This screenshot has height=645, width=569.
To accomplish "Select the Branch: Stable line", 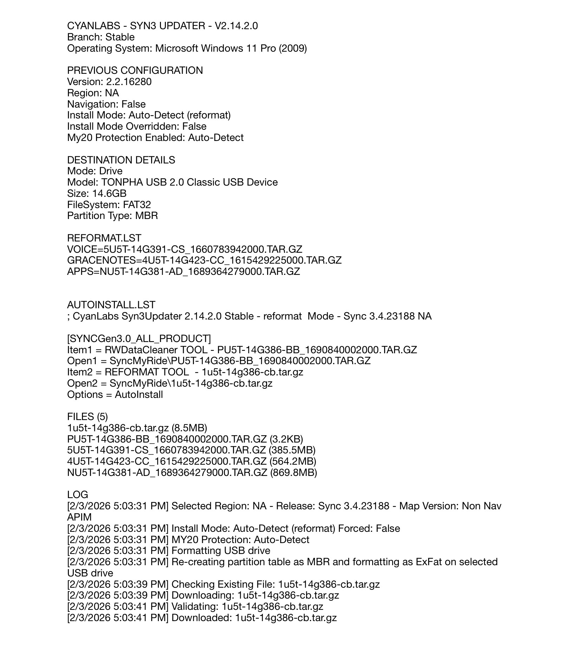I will (x=101, y=37).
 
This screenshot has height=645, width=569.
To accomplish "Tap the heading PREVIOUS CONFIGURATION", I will (x=135, y=71).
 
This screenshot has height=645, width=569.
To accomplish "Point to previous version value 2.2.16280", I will (x=129, y=82).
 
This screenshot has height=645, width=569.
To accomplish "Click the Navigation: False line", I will (x=106, y=104).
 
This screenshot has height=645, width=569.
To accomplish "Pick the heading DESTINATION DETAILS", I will (x=121, y=160).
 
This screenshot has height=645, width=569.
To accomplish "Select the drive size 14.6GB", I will (x=109, y=194).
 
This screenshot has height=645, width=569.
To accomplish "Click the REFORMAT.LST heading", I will (x=104, y=238).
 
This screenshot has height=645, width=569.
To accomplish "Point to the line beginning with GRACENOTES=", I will (x=204, y=260).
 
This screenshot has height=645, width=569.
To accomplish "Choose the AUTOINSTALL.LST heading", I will (x=111, y=305).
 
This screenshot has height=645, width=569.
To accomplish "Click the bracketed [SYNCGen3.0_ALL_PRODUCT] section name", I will (x=139, y=339).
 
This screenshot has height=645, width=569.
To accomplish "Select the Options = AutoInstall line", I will (x=115, y=395).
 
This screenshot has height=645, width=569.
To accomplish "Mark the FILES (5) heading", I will (x=88, y=417).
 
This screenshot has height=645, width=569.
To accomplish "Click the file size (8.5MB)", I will (x=189, y=428).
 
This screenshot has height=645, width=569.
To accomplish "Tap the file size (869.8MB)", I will (x=293, y=473).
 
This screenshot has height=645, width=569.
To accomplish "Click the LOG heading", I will (x=78, y=495).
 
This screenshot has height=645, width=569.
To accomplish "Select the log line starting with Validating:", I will (x=195, y=607).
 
